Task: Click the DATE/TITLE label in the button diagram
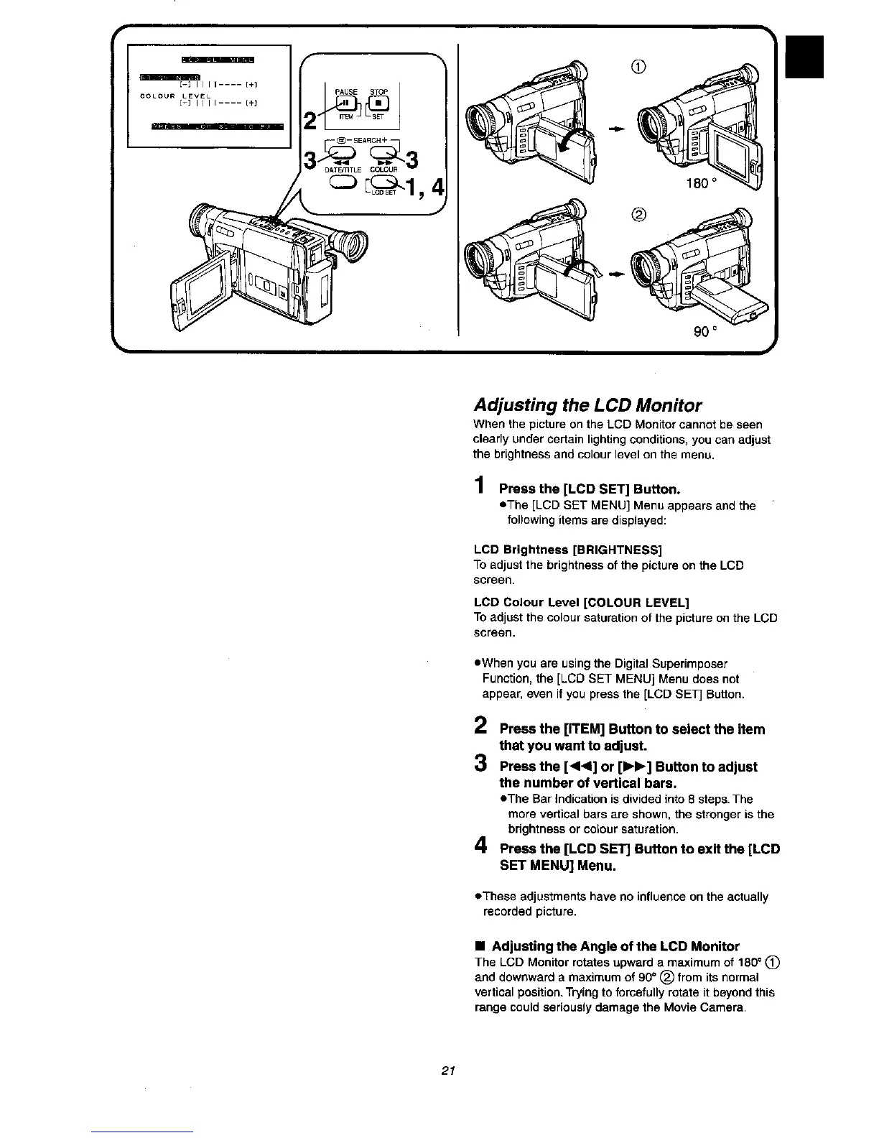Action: click(x=343, y=170)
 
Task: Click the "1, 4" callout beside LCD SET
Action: click(x=424, y=189)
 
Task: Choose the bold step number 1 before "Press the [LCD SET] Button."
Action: click(x=478, y=489)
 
